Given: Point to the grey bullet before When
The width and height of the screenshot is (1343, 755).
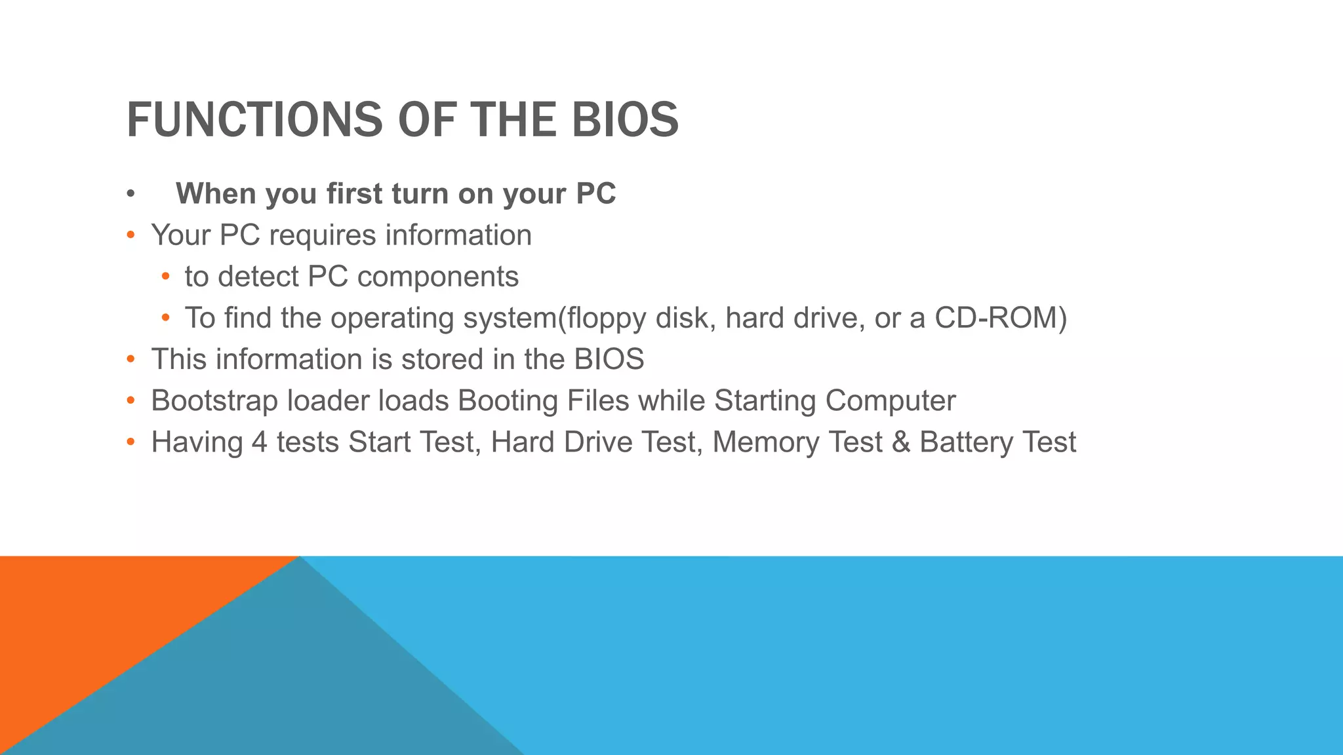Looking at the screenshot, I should (x=130, y=195).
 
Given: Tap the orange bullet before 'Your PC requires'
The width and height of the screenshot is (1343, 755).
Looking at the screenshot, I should (x=130, y=235).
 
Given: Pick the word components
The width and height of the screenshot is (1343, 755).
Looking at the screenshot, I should (x=437, y=277).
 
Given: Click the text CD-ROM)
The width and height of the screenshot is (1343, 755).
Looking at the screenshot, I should (x=1000, y=318).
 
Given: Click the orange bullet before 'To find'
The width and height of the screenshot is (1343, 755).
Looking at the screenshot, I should (x=165, y=318).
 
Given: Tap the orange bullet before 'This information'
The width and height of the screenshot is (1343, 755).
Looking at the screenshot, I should (x=130, y=359).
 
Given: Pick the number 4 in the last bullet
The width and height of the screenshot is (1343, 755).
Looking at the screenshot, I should (x=260, y=442).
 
